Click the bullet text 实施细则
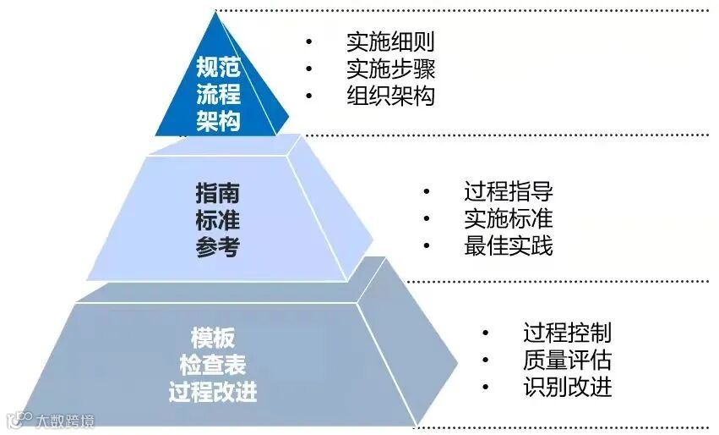coord(390,41)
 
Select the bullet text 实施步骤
coord(390,69)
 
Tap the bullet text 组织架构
coord(390,96)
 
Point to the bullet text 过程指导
coord(508,191)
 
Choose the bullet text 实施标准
coord(508,218)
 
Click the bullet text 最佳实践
coord(508,246)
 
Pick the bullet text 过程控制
coord(567,333)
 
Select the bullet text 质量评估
coord(567,361)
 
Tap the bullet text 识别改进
coord(567,388)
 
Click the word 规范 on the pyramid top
coord(218,67)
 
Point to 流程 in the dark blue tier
coord(218,94)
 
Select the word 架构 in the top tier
coord(218,122)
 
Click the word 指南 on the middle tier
coord(218,193)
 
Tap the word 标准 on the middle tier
coord(218,220)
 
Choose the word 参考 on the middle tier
coord(218,248)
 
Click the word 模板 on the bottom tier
coord(212,339)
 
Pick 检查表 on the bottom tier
coord(212,366)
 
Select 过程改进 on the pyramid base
coord(212,393)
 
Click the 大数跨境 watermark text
coord(64,421)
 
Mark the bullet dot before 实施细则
coord(309,41)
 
